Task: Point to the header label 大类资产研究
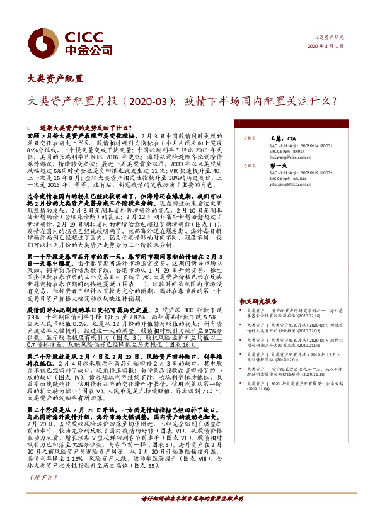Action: [x=330, y=38]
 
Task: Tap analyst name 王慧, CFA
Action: [x=278, y=137]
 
